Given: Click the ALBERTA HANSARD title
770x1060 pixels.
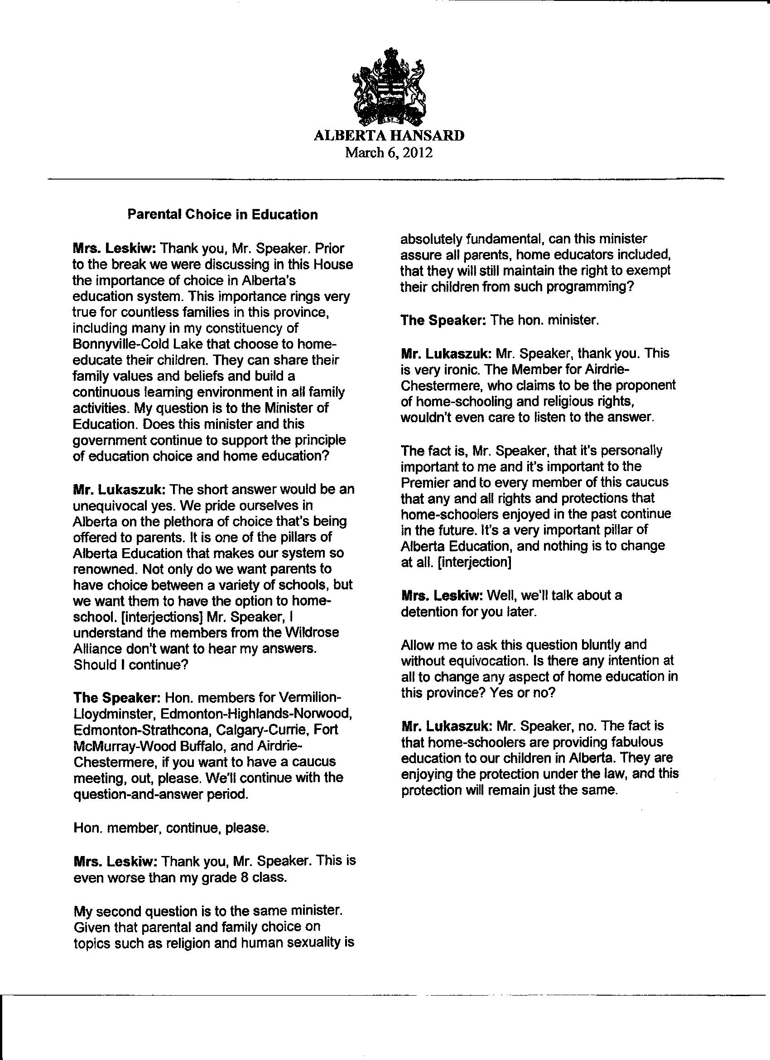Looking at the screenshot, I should click(x=389, y=136).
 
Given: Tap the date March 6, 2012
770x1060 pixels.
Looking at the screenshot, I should click(x=389, y=153).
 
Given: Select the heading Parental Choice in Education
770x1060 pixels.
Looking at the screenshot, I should click(x=223, y=215).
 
